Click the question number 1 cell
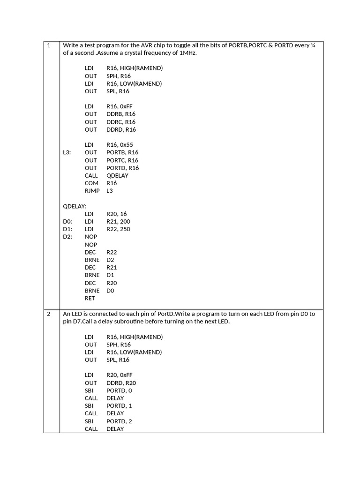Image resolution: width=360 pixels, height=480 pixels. pos(49,45)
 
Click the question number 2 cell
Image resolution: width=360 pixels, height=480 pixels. pos(49,314)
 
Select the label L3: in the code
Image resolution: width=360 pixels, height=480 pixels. pos(67,152)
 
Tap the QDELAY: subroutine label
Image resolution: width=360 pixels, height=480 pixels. pos(75,206)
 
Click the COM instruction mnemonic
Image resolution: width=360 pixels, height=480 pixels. pos(91,183)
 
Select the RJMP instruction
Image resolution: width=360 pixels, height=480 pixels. pos(92,191)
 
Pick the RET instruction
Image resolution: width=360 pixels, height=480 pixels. pos(90,298)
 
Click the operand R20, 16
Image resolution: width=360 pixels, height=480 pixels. pos(117,214)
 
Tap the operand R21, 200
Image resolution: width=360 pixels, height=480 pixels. pos(118,221)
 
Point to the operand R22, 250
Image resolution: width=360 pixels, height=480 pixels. pos(118,229)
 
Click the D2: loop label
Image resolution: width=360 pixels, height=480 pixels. pos(67,237)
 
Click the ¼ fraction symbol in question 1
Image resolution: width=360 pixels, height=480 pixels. pos(313,45)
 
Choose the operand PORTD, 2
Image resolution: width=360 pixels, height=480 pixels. pos(119,421)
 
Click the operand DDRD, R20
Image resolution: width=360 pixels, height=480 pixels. pos(121,383)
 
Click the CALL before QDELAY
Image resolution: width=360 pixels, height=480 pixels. pos(91,175)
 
